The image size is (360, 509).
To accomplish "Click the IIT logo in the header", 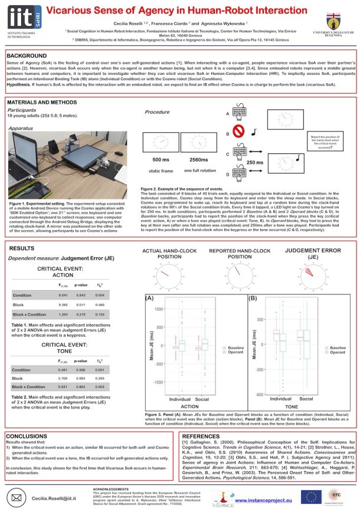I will point(24,17).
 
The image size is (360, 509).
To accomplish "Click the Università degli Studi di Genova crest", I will point(342,18).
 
